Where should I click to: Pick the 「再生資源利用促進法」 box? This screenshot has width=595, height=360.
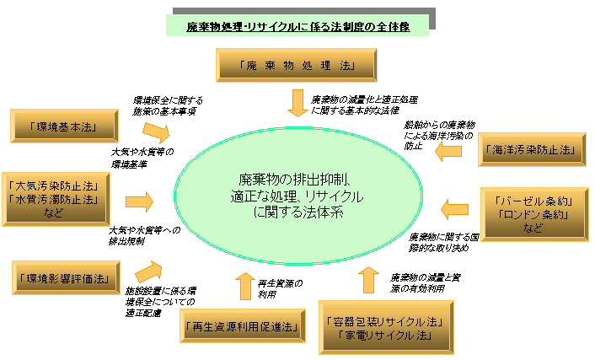pyautogui.click(x=241, y=326)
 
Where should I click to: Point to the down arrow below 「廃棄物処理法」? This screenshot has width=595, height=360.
pyautogui.click(x=298, y=102)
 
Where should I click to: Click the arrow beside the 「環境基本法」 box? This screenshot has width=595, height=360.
pyautogui.click(x=156, y=130)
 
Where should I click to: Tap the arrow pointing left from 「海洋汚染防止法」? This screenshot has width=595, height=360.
pyautogui.click(x=448, y=149)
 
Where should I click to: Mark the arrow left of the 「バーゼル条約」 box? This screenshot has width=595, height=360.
pyautogui.click(x=455, y=209)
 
